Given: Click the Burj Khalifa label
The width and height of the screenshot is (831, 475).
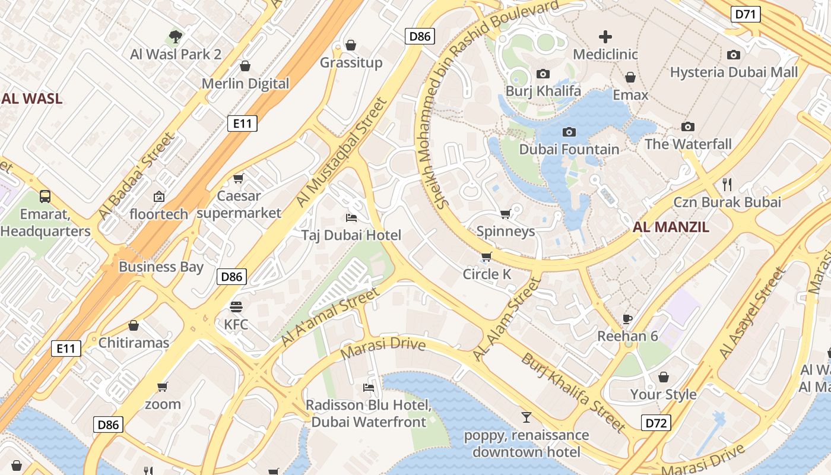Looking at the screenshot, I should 543,91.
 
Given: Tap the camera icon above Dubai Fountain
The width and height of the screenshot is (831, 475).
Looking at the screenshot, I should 569,132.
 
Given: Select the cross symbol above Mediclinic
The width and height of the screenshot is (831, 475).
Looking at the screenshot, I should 605,37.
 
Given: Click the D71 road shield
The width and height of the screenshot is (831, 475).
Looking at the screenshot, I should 746,14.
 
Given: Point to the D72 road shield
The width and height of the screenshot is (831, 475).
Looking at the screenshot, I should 656,423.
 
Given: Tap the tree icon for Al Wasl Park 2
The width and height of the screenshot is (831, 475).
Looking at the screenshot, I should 175,37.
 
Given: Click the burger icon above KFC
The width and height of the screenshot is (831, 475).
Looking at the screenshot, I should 236,307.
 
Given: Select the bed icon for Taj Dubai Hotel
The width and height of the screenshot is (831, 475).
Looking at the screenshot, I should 351,218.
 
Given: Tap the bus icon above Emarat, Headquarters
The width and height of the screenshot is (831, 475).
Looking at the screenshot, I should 45,196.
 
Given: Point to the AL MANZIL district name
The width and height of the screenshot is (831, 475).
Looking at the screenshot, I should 671,227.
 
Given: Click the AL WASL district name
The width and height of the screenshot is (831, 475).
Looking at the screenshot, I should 31,99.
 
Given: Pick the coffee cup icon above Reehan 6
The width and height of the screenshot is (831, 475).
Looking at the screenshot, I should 627,319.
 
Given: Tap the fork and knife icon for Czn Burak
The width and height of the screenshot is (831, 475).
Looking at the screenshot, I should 727,184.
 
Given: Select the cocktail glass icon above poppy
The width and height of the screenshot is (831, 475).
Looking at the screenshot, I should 526,417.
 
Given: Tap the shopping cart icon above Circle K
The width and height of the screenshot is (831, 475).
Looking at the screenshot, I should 487,256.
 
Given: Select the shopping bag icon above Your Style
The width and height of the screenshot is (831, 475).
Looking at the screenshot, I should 663,377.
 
